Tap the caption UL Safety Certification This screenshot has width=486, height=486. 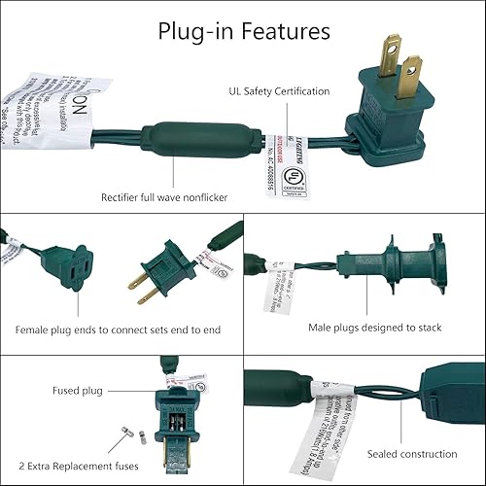pos(274,91)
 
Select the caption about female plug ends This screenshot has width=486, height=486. pos(118,330)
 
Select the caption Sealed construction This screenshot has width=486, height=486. pos(411,454)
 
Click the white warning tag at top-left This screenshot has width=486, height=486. pos(49,117)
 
